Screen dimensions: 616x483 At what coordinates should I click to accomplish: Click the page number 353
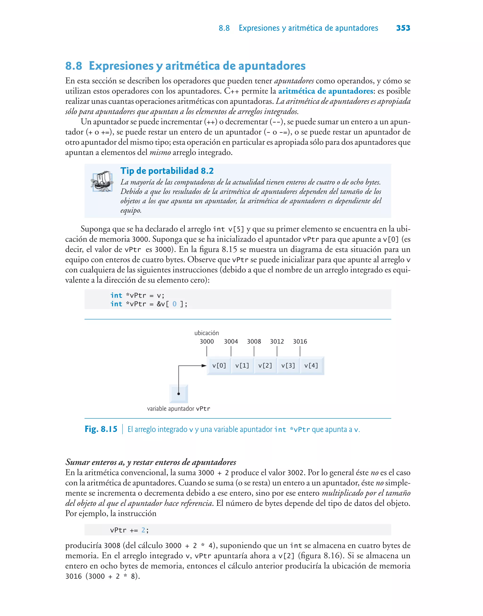(x=403, y=28)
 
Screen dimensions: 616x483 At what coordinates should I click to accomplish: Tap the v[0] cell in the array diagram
(x=219, y=366)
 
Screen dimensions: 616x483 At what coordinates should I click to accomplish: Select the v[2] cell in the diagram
(x=265, y=366)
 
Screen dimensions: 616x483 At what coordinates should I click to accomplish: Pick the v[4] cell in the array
(x=311, y=366)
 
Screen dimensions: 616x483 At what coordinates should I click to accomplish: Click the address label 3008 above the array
(x=254, y=341)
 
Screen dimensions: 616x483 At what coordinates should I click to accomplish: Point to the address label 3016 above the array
(x=300, y=341)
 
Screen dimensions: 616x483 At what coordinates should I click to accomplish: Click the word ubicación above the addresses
(x=206, y=333)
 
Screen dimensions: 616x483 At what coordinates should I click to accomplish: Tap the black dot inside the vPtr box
(x=179, y=394)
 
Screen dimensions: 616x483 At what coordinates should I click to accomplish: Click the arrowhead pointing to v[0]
(x=204, y=366)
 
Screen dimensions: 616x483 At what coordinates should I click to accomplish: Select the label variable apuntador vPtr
(x=179, y=408)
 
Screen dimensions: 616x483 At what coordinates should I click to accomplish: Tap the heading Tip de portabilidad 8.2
(x=167, y=171)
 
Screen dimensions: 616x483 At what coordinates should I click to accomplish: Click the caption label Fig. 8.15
(x=101, y=429)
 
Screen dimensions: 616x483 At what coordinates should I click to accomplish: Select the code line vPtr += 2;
(x=129, y=530)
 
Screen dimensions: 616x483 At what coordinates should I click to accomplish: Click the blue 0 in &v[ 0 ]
(x=175, y=304)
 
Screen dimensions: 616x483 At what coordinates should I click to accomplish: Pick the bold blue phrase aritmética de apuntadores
(x=325, y=91)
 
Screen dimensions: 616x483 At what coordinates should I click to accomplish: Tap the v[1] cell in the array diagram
(x=242, y=366)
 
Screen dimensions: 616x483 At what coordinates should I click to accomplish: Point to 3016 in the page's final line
(x=74, y=576)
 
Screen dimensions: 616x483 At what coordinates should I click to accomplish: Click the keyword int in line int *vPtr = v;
(x=116, y=296)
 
